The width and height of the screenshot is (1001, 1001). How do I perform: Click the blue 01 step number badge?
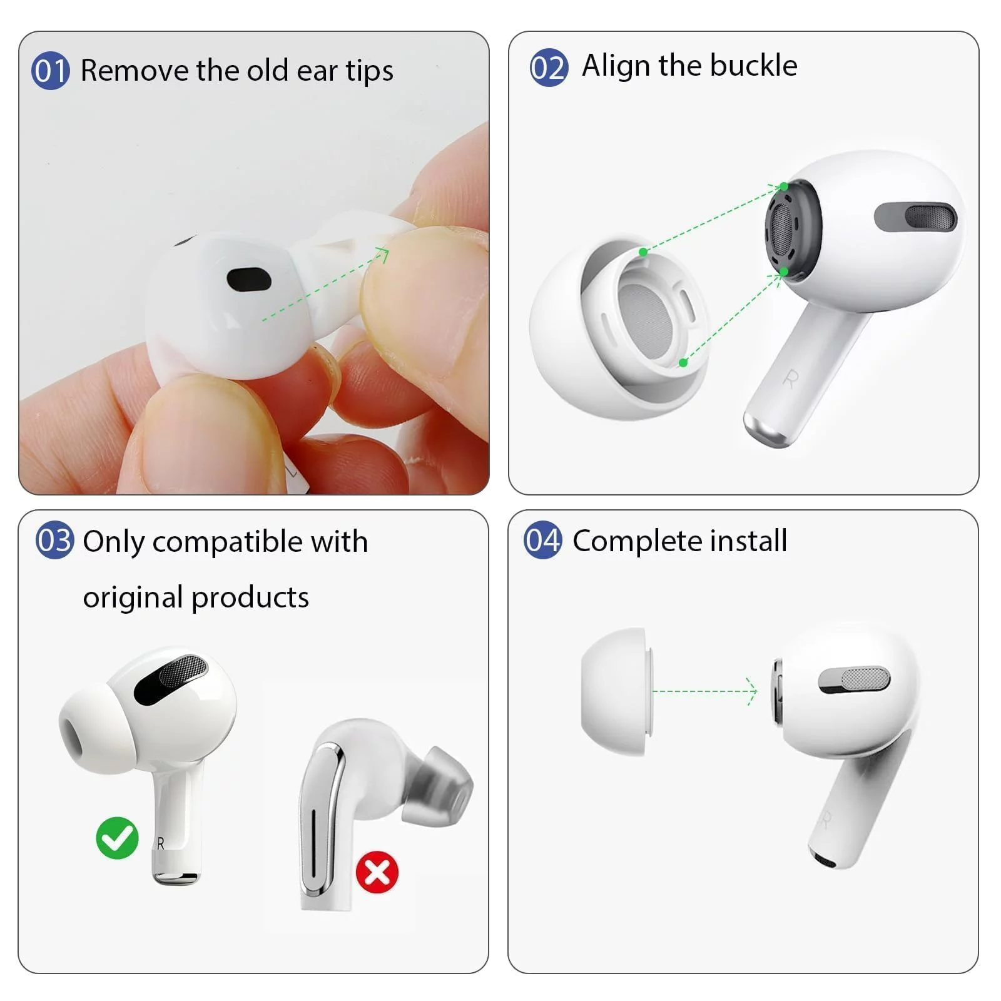point(50,71)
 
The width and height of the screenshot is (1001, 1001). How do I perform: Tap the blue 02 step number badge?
point(549,68)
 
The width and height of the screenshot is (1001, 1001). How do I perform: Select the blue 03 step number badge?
point(55,541)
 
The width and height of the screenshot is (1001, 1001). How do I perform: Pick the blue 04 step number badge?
point(542,540)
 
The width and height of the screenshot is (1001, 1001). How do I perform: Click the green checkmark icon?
point(117,838)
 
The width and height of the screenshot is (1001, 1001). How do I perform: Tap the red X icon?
point(377,872)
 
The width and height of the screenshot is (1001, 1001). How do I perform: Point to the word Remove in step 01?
point(135,70)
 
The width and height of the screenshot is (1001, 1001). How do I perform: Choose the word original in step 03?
point(133,598)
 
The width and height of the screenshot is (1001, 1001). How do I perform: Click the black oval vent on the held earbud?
point(249,280)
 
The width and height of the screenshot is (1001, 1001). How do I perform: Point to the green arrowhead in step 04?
point(752,691)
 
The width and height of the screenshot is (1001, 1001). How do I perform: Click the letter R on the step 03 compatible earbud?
point(161,844)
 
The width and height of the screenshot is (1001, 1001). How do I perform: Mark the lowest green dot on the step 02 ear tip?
point(683,362)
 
